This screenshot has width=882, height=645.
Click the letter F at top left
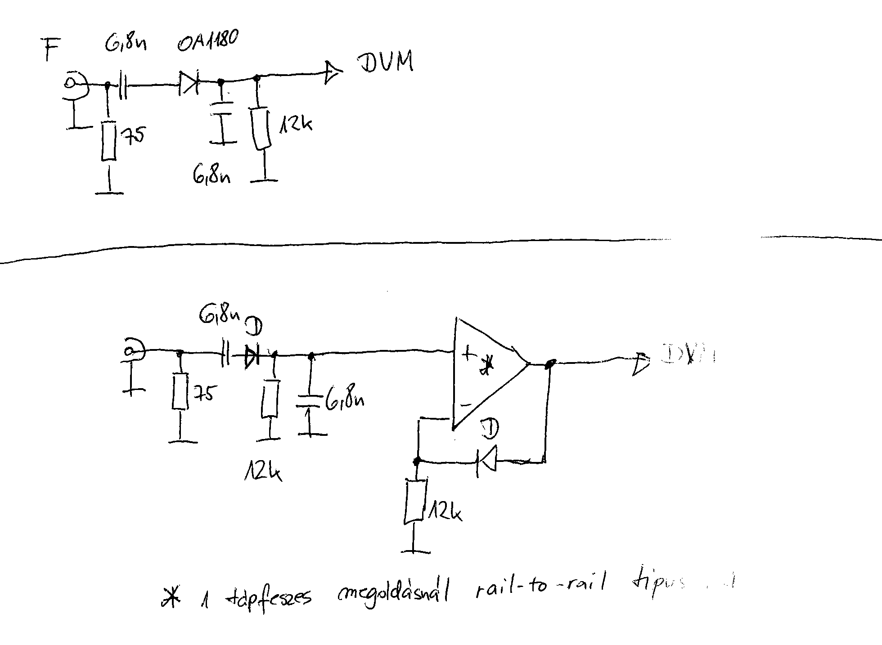(51, 49)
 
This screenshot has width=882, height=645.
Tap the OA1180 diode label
(207, 41)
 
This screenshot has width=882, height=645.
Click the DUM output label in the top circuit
(386, 63)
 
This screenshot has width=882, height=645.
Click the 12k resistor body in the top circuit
(261, 129)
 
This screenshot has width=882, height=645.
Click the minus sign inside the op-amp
(466, 405)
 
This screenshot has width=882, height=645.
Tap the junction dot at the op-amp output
(550, 363)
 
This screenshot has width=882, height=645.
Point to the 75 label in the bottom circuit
(204, 394)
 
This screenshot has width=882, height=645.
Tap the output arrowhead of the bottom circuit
(640, 363)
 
